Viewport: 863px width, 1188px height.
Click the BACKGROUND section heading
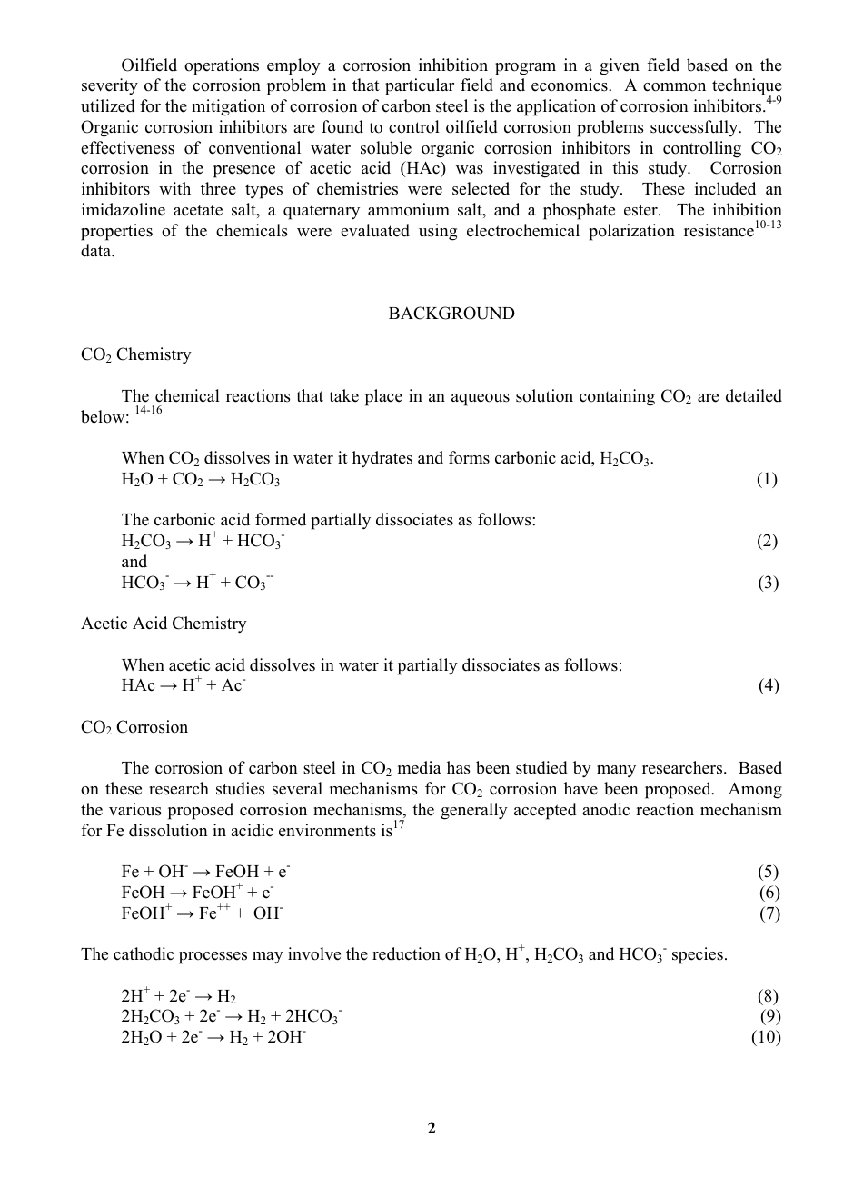click(x=451, y=314)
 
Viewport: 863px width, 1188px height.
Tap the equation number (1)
click(x=767, y=479)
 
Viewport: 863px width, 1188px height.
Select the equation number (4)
click(x=769, y=685)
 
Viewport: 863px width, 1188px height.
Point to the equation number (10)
click(x=766, y=1037)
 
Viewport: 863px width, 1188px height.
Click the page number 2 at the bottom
click(x=431, y=1129)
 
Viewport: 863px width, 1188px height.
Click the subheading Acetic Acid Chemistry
click(x=164, y=624)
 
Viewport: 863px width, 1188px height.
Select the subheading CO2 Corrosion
click(x=134, y=727)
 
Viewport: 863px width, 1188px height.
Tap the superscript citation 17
click(x=399, y=824)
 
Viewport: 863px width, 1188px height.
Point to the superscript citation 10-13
click(x=768, y=225)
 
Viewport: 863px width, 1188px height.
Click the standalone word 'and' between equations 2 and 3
click(x=134, y=562)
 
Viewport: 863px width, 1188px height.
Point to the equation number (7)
click(x=769, y=913)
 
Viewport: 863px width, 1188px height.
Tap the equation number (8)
click(x=767, y=996)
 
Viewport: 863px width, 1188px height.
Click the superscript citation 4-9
click(x=773, y=100)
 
